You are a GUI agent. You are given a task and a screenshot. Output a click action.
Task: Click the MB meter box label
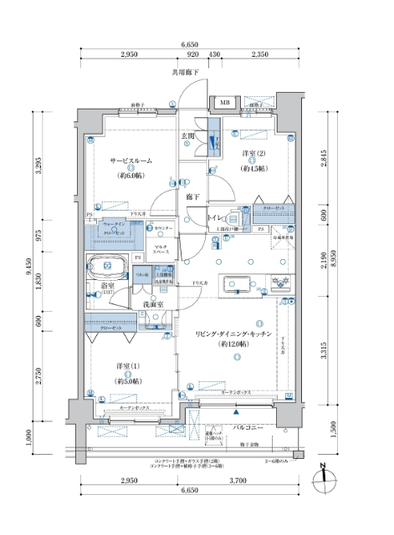224,103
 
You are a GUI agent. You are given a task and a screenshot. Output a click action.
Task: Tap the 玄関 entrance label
189,135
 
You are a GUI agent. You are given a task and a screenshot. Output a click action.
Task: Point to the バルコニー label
249,426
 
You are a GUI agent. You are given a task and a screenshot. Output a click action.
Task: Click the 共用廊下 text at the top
188,72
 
